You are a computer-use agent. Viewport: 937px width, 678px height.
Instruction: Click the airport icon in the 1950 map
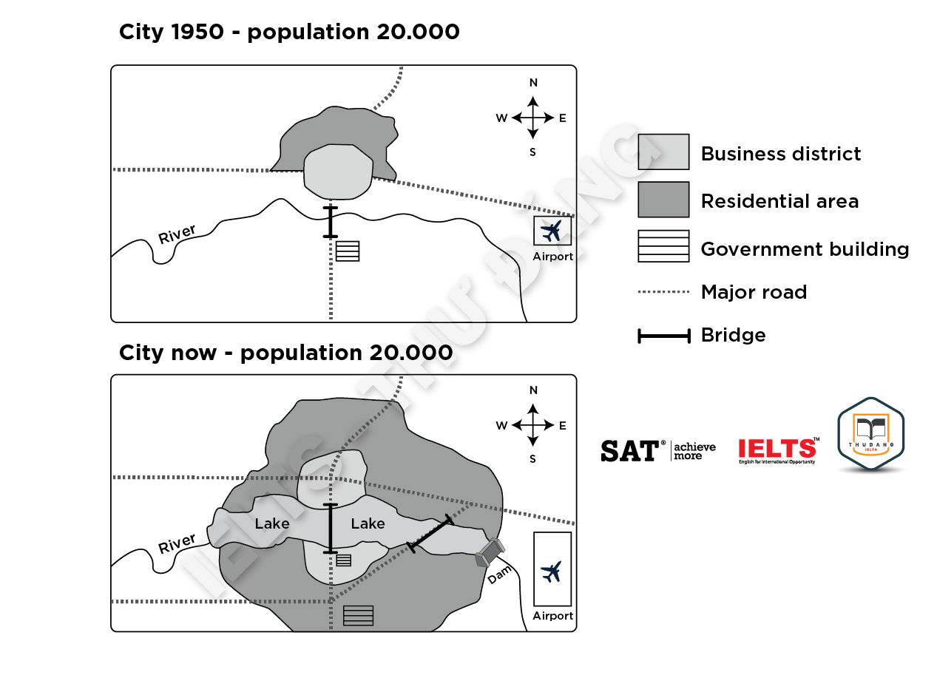(x=552, y=231)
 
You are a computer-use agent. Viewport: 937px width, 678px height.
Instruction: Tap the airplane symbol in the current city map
(x=552, y=571)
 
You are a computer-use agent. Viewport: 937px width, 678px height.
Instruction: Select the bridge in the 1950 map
(x=330, y=222)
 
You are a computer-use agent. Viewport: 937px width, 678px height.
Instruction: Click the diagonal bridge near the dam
(x=430, y=533)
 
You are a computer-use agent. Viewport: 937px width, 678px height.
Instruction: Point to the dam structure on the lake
(x=490, y=553)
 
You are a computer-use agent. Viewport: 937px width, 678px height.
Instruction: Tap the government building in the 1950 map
(x=348, y=251)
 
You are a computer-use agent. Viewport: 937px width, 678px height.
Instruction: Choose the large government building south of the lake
(x=358, y=615)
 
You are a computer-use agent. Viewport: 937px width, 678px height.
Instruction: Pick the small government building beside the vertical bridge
(x=343, y=560)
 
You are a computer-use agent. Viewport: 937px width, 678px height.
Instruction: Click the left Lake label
(x=272, y=523)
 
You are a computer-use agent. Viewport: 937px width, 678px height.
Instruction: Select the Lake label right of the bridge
(x=368, y=523)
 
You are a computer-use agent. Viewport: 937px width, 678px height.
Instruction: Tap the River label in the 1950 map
(x=177, y=234)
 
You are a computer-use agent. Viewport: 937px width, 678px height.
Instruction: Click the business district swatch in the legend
(x=663, y=152)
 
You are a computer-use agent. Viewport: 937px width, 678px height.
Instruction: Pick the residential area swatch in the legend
(x=663, y=200)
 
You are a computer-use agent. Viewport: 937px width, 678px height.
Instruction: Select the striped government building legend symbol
(x=663, y=246)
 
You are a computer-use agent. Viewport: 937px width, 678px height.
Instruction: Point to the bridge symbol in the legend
(x=663, y=336)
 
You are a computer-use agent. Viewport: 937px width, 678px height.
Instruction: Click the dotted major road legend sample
(x=663, y=293)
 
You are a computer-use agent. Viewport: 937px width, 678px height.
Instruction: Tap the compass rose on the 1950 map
(x=532, y=118)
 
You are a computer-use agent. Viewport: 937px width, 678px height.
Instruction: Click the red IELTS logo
(x=777, y=449)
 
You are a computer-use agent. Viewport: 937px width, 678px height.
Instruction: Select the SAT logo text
(x=629, y=450)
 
